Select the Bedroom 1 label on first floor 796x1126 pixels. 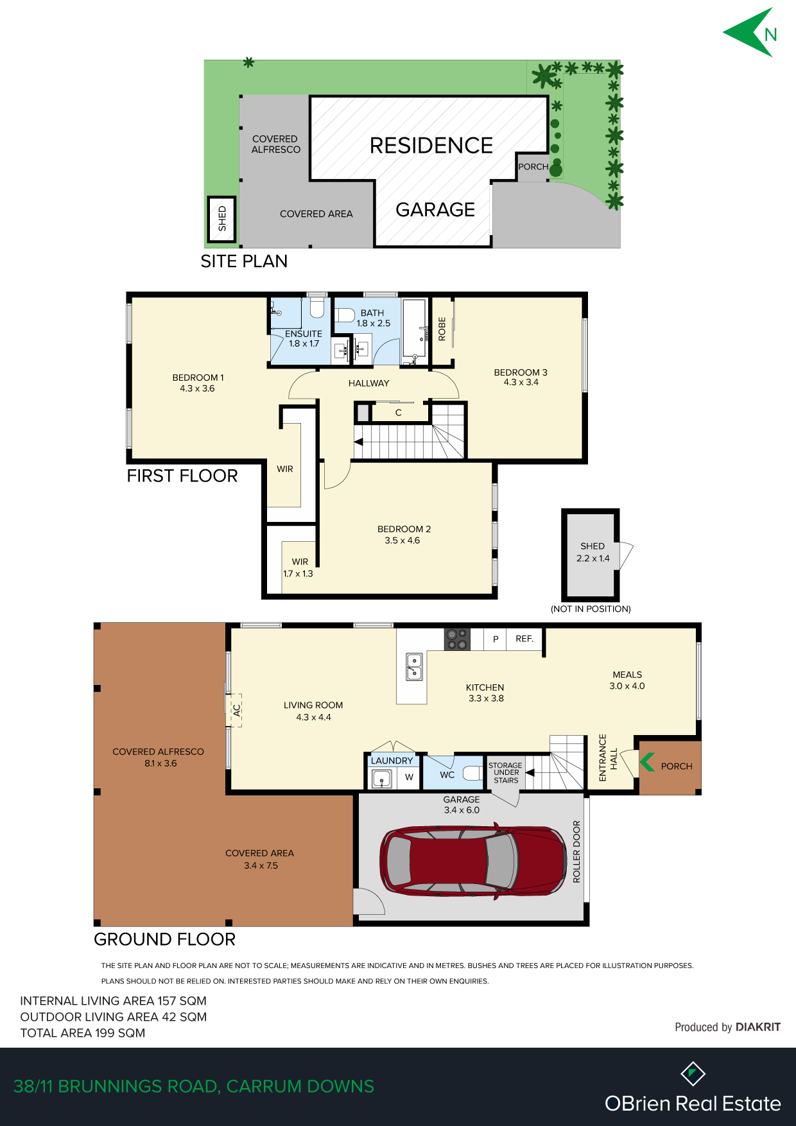point(198,383)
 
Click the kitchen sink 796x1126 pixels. point(414,666)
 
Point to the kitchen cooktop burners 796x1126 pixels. point(457,639)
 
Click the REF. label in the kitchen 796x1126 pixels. point(524,639)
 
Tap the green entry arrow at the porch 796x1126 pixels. point(647,762)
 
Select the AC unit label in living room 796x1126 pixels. point(236,710)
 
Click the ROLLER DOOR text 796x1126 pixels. point(576,851)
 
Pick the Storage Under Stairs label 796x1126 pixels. point(505,773)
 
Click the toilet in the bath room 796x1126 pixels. point(345,315)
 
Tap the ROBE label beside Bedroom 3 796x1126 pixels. point(442,329)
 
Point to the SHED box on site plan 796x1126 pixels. point(222,219)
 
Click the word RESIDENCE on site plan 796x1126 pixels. point(431,146)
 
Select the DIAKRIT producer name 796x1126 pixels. point(758,1027)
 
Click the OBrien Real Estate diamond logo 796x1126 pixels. point(693,1073)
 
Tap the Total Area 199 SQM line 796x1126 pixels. point(83,1033)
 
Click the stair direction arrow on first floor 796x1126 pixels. point(358,442)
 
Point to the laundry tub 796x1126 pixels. point(382,779)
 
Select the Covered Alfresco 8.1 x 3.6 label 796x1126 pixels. point(158,758)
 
